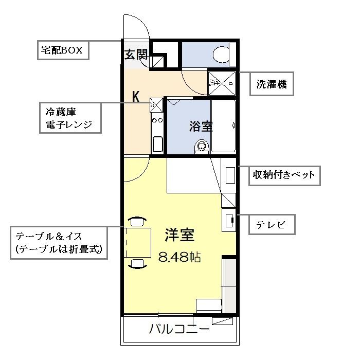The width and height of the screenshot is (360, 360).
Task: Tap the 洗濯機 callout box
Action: pyautogui.click(x=272, y=83)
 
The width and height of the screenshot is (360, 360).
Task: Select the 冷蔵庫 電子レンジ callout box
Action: pyautogui.click(x=69, y=118)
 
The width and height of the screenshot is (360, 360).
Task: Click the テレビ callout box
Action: pyautogui.click(x=272, y=224)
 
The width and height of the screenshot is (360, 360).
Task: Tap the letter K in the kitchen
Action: pyautogui.click(x=136, y=96)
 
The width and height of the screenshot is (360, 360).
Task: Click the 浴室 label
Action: pyautogui.click(x=201, y=127)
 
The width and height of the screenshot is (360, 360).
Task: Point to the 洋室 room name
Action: pyautogui.click(x=179, y=235)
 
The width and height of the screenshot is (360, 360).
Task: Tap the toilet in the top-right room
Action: pyautogui.click(x=223, y=54)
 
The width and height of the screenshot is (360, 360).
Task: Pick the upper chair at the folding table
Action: pyautogui.click(x=137, y=222)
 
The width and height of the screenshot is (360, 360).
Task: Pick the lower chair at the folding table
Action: pyautogui.click(x=137, y=263)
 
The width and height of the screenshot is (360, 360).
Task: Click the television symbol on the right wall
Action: pyautogui.click(x=229, y=220)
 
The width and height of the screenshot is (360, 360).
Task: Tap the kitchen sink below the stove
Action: pyautogui.click(x=157, y=145)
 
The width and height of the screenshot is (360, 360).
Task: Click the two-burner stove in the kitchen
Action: pyautogui.click(x=157, y=122)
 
